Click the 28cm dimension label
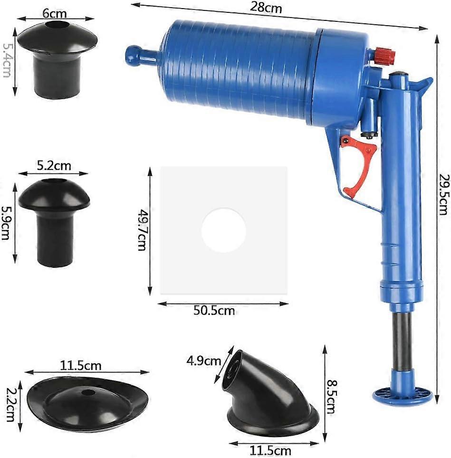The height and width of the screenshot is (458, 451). pos(266,8)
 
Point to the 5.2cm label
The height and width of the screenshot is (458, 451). pos(54,165)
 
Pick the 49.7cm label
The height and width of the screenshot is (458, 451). pos(142,231)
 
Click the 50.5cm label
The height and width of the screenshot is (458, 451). pos(214,311)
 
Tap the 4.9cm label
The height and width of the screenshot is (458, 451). pos(203,360)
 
